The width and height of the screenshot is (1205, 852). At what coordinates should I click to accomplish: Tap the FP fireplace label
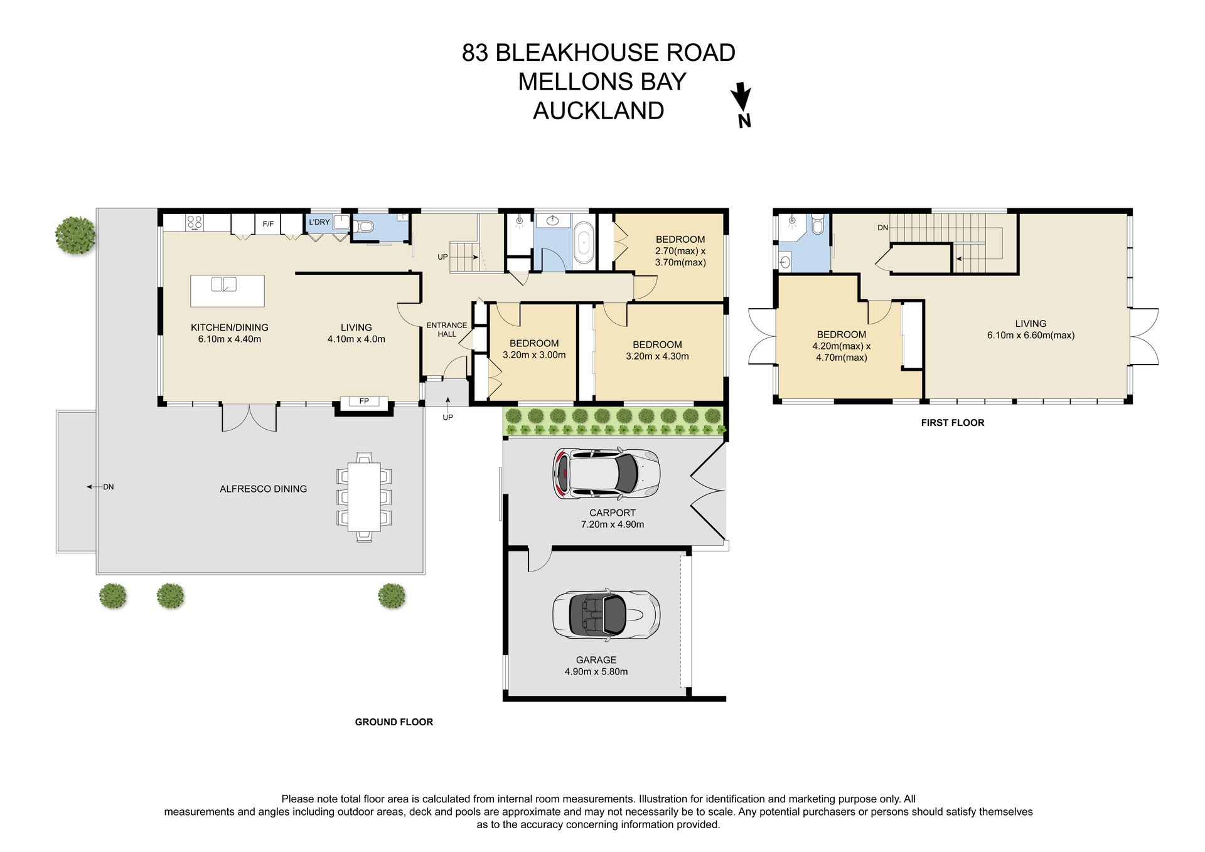364,401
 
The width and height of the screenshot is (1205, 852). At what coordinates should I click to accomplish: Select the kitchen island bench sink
224,284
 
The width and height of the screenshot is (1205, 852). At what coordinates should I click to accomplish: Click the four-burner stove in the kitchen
195,222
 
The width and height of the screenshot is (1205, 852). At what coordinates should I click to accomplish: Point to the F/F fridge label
268,223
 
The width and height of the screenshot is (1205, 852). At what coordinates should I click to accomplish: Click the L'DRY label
319,222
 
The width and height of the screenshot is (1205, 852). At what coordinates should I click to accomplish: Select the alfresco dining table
364,496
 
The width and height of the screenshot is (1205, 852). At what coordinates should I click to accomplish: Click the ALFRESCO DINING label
263,489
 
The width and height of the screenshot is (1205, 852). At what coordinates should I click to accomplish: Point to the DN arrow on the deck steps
92,487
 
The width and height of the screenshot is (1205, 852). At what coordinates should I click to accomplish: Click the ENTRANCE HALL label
447,329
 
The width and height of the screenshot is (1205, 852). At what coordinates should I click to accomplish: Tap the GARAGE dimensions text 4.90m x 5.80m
596,671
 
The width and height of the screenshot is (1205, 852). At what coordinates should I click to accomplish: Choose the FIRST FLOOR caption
953,423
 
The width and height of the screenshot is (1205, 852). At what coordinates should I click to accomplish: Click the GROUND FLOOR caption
394,722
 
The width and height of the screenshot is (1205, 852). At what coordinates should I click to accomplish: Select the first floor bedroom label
842,335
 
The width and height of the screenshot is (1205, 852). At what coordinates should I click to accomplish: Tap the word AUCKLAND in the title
599,110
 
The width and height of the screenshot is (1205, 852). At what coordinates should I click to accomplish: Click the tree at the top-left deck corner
76,235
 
